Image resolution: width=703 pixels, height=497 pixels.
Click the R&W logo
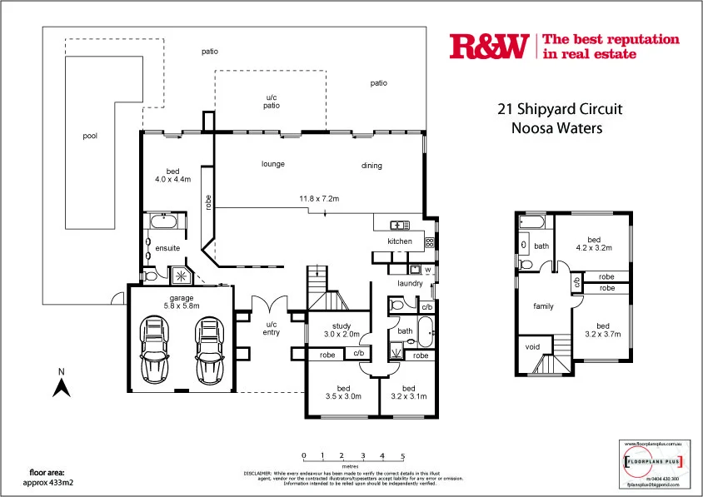tap(488, 47)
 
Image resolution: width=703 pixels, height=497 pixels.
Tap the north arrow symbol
tap(61, 385)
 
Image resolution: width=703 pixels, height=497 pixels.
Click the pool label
tap(90, 136)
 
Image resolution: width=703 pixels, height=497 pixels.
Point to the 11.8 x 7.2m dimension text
tap(319, 198)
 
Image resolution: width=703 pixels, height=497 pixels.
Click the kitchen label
tap(400, 241)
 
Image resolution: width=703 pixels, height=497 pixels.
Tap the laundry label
tap(410, 283)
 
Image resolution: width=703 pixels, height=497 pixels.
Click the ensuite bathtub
tap(162, 223)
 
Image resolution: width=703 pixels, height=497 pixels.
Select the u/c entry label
tap(272, 329)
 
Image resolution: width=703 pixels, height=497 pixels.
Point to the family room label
tap(543, 306)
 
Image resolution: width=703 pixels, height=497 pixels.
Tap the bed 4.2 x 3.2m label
tap(594, 243)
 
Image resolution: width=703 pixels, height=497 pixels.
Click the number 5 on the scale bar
tap(402, 455)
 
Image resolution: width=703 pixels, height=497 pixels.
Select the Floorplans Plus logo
tap(654, 461)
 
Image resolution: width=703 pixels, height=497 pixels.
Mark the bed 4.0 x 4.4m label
tap(173, 174)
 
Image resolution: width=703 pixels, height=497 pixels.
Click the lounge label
tap(273, 164)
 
